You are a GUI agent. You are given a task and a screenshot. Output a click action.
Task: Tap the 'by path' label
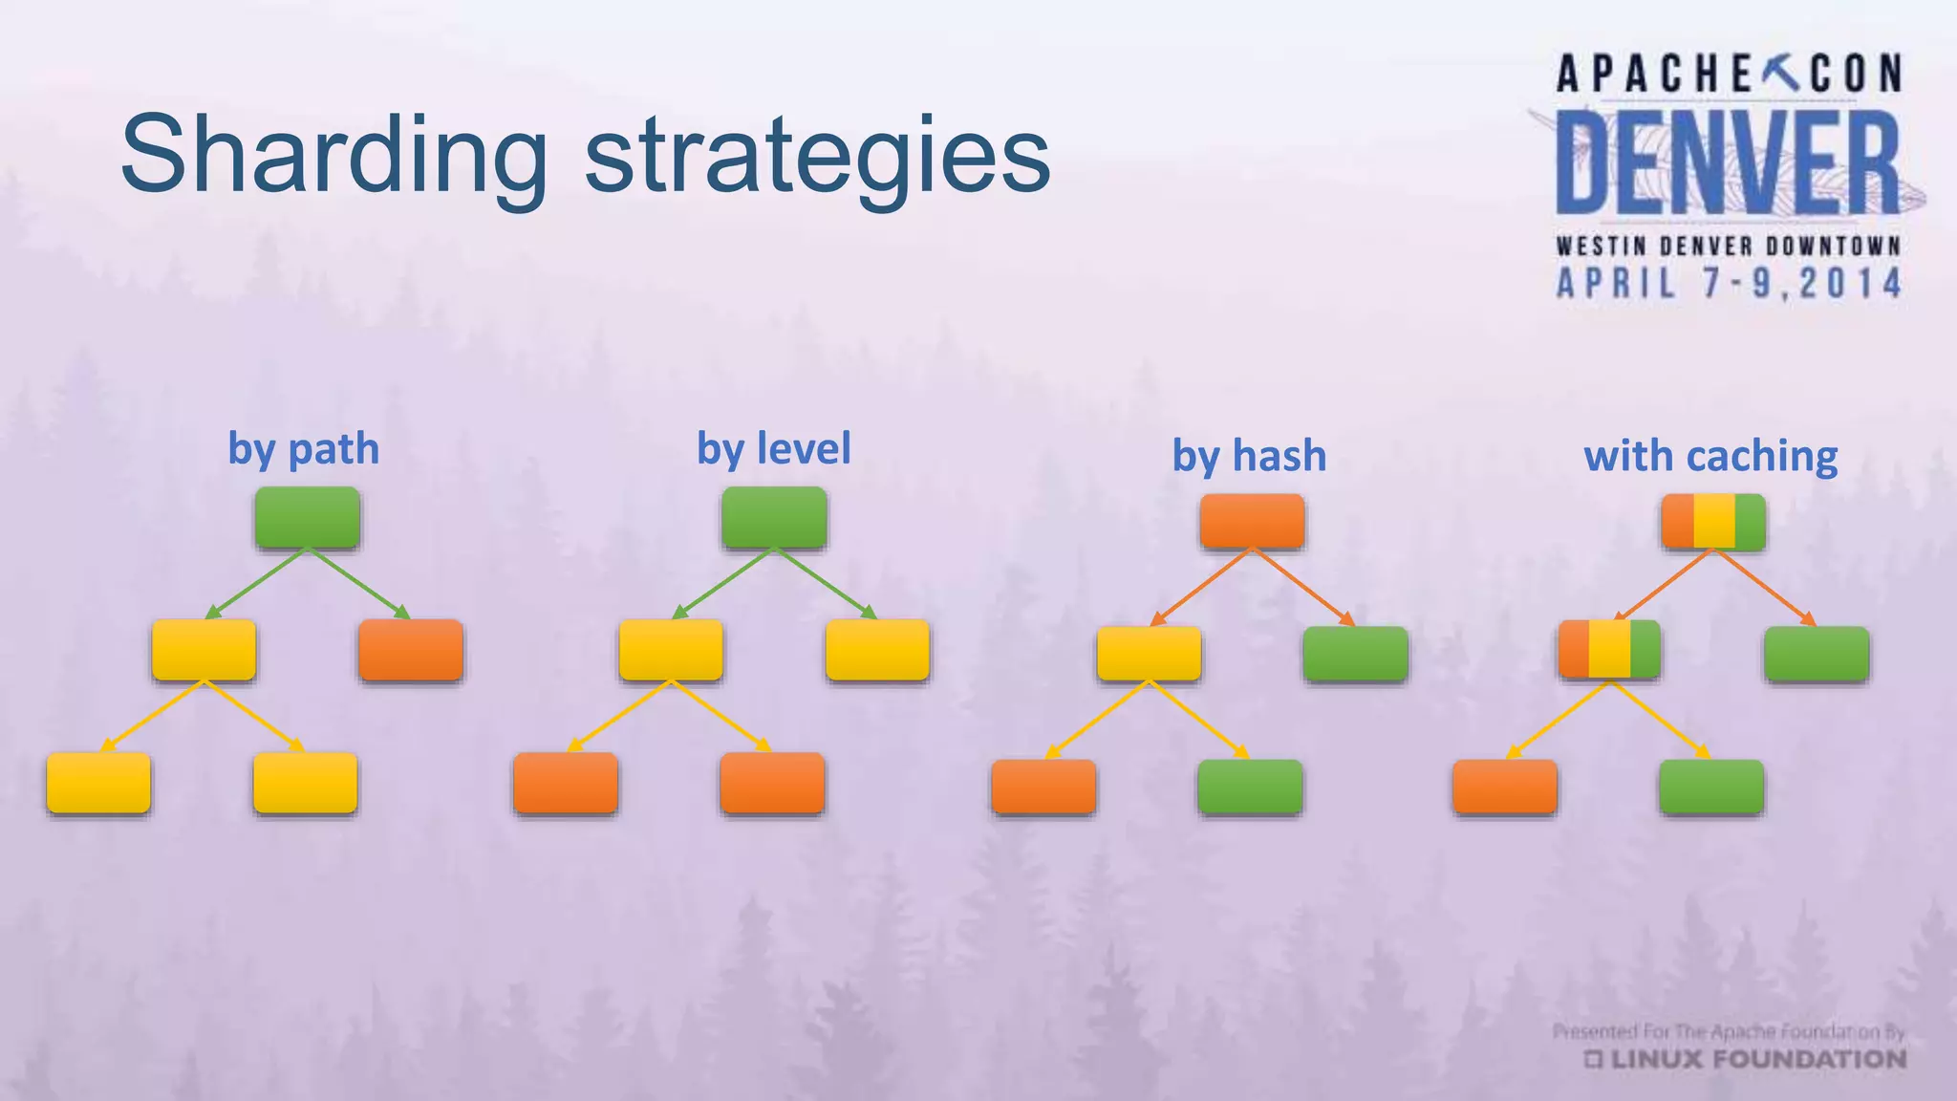click(x=303, y=449)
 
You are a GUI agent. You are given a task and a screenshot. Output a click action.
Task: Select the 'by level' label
click(x=773, y=449)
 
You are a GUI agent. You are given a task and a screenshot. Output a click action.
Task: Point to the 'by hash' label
click(x=1249, y=456)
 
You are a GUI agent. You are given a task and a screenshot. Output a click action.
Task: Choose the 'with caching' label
click(x=1710, y=456)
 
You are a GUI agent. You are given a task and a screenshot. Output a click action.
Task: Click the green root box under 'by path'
click(x=307, y=517)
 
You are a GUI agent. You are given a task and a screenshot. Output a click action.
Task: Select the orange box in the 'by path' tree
click(x=411, y=650)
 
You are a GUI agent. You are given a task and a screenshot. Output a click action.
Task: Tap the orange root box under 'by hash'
click(x=1252, y=522)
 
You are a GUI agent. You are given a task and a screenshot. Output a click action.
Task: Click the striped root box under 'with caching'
click(x=1713, y=522)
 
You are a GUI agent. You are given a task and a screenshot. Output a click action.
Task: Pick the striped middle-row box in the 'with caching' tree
click(x=1609, y=649)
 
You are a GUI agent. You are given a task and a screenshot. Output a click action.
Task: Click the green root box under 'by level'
click(x=774, y=517)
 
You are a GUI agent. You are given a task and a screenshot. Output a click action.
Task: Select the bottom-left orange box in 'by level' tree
click(x=566, y=783)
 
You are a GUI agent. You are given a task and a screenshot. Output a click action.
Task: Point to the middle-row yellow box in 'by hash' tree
click(x=1149, y=654)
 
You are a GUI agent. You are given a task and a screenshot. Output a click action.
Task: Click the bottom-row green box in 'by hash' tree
click(x=1250, y=787)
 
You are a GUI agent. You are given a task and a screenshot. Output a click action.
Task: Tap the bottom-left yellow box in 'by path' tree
click(x=98, y=783)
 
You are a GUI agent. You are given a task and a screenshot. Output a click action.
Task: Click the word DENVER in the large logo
click(x=1728, y=162)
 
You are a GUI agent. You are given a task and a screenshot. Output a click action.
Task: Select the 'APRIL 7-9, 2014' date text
click(x=1729, y=284)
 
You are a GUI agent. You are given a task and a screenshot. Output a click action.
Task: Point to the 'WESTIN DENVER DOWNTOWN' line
click(x=1729, y=247)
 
